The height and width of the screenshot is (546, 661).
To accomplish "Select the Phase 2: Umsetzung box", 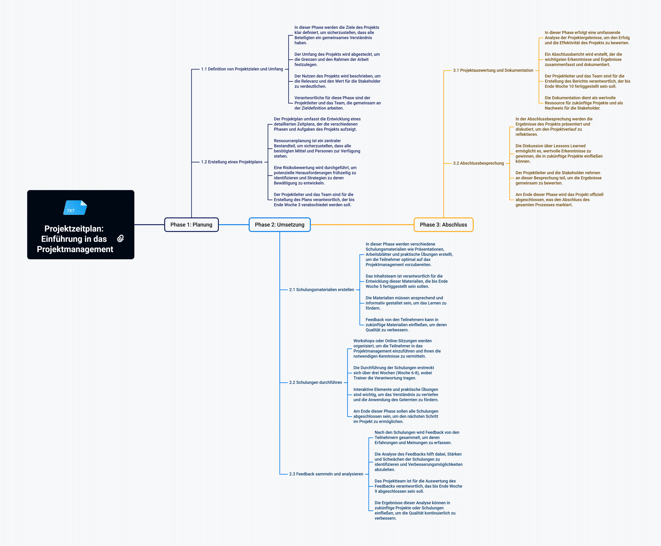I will [x=279, y=225].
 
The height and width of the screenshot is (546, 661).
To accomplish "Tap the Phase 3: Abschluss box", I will [x=443, y=225].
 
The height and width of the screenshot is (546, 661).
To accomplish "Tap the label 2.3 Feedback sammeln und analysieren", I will [x=326, y=474].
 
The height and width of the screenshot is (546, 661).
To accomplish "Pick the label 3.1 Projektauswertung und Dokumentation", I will [x=493, y=70].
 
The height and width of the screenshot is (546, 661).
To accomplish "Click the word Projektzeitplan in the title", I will [x=74, y=229].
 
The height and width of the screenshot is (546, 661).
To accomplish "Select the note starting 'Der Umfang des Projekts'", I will [x=337, y=59].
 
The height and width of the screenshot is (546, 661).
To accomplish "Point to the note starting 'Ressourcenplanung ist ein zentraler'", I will [x=317, y=149].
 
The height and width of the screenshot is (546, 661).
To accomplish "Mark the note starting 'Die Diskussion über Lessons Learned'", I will [x=559, y=154].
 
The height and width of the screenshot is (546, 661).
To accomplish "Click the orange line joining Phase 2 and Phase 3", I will [x=361, y=225].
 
